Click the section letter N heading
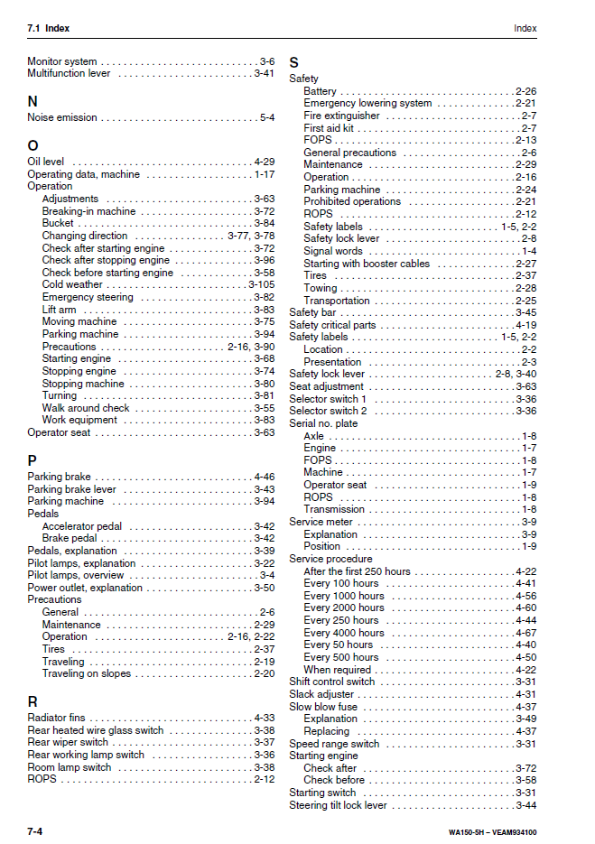click(33, 102)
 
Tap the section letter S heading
click(293, 62)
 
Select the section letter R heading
click(33, 701)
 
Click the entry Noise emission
click(62, 117)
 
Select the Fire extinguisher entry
click(341, 116)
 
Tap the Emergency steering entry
click(88, 297)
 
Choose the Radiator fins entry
click(56, 718)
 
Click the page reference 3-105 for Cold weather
click(262, 284)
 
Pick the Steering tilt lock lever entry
click(338, 805)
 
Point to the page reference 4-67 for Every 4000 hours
click(525, 633)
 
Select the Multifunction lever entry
click(69, 73)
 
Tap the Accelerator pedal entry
click(82, 526)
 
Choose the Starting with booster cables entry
click(367, 264)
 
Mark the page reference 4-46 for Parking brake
click(264, 477)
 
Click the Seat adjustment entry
click(326, 386)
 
